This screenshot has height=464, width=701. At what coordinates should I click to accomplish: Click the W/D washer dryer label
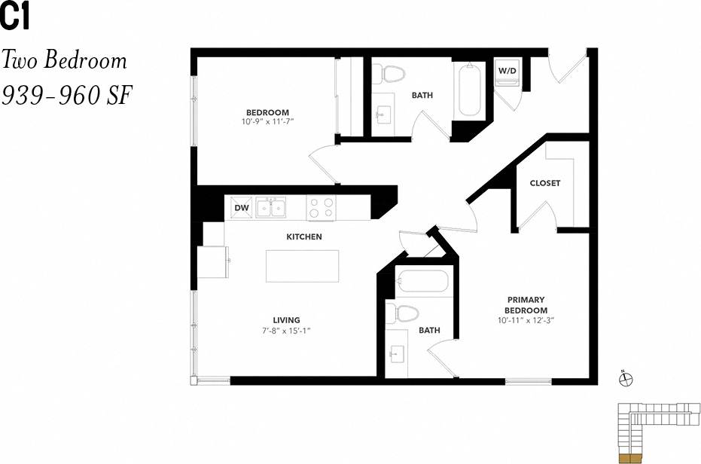(506, 71)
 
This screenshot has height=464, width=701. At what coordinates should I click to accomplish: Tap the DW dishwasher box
(241, 207)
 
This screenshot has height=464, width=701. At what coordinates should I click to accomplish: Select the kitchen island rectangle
(303, 265)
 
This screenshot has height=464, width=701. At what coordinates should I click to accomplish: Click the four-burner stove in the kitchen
(321, 207)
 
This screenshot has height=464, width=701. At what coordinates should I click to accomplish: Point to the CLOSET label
(544, 183)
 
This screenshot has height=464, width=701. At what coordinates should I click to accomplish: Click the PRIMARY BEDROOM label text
(526, 305)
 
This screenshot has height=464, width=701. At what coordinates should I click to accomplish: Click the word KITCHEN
(303, 237)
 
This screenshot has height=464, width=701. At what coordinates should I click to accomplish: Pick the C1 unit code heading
(15, 17)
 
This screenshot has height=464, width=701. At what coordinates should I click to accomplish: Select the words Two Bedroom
(64, 60)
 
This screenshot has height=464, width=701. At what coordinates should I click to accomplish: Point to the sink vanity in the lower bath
(397, 352)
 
